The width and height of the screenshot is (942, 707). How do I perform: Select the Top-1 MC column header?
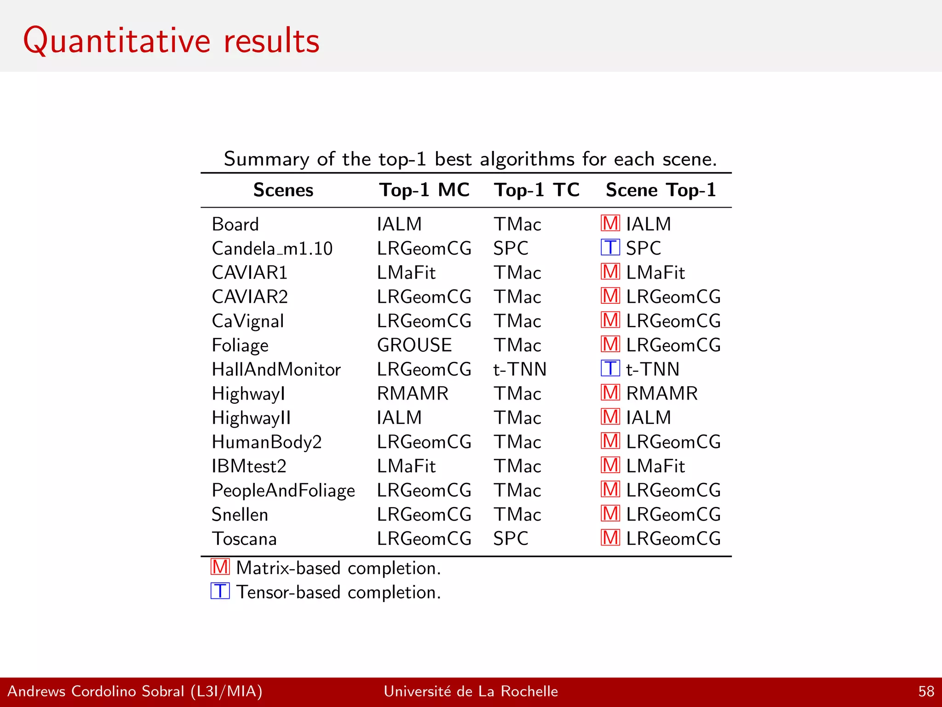tap(424, 190)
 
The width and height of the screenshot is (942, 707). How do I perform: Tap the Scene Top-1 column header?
tap(661, 190)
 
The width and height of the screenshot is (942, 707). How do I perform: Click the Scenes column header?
tap(283, 190)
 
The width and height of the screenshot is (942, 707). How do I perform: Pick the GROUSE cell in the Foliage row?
tap(414, 345)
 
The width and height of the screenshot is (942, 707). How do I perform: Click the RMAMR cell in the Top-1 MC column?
tap(412, 394)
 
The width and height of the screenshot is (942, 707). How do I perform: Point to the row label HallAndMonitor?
tap(276, 370)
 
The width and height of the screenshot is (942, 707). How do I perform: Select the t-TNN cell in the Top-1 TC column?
tap(519, 370)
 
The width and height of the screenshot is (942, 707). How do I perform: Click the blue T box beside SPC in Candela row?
tap(610, 248)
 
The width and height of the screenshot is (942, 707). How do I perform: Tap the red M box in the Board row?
tap(610, 224)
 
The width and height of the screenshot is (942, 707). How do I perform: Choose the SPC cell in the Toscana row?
tap(510, 539)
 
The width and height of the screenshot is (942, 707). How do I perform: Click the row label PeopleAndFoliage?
tap(283, 491)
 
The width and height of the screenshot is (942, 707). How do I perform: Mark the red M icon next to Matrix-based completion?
tap(220, 567)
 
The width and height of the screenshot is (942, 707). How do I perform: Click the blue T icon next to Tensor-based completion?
tap(220, 591)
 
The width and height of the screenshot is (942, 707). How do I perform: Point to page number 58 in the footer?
tap(926, 691)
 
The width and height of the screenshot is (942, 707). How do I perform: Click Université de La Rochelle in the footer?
tap(471, 691)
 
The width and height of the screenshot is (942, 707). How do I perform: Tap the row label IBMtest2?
tap(249, 466)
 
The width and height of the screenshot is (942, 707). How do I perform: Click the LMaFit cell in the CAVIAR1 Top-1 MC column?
tap(406, 273)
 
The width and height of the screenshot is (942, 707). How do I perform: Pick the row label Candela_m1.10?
tap(272, 249)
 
